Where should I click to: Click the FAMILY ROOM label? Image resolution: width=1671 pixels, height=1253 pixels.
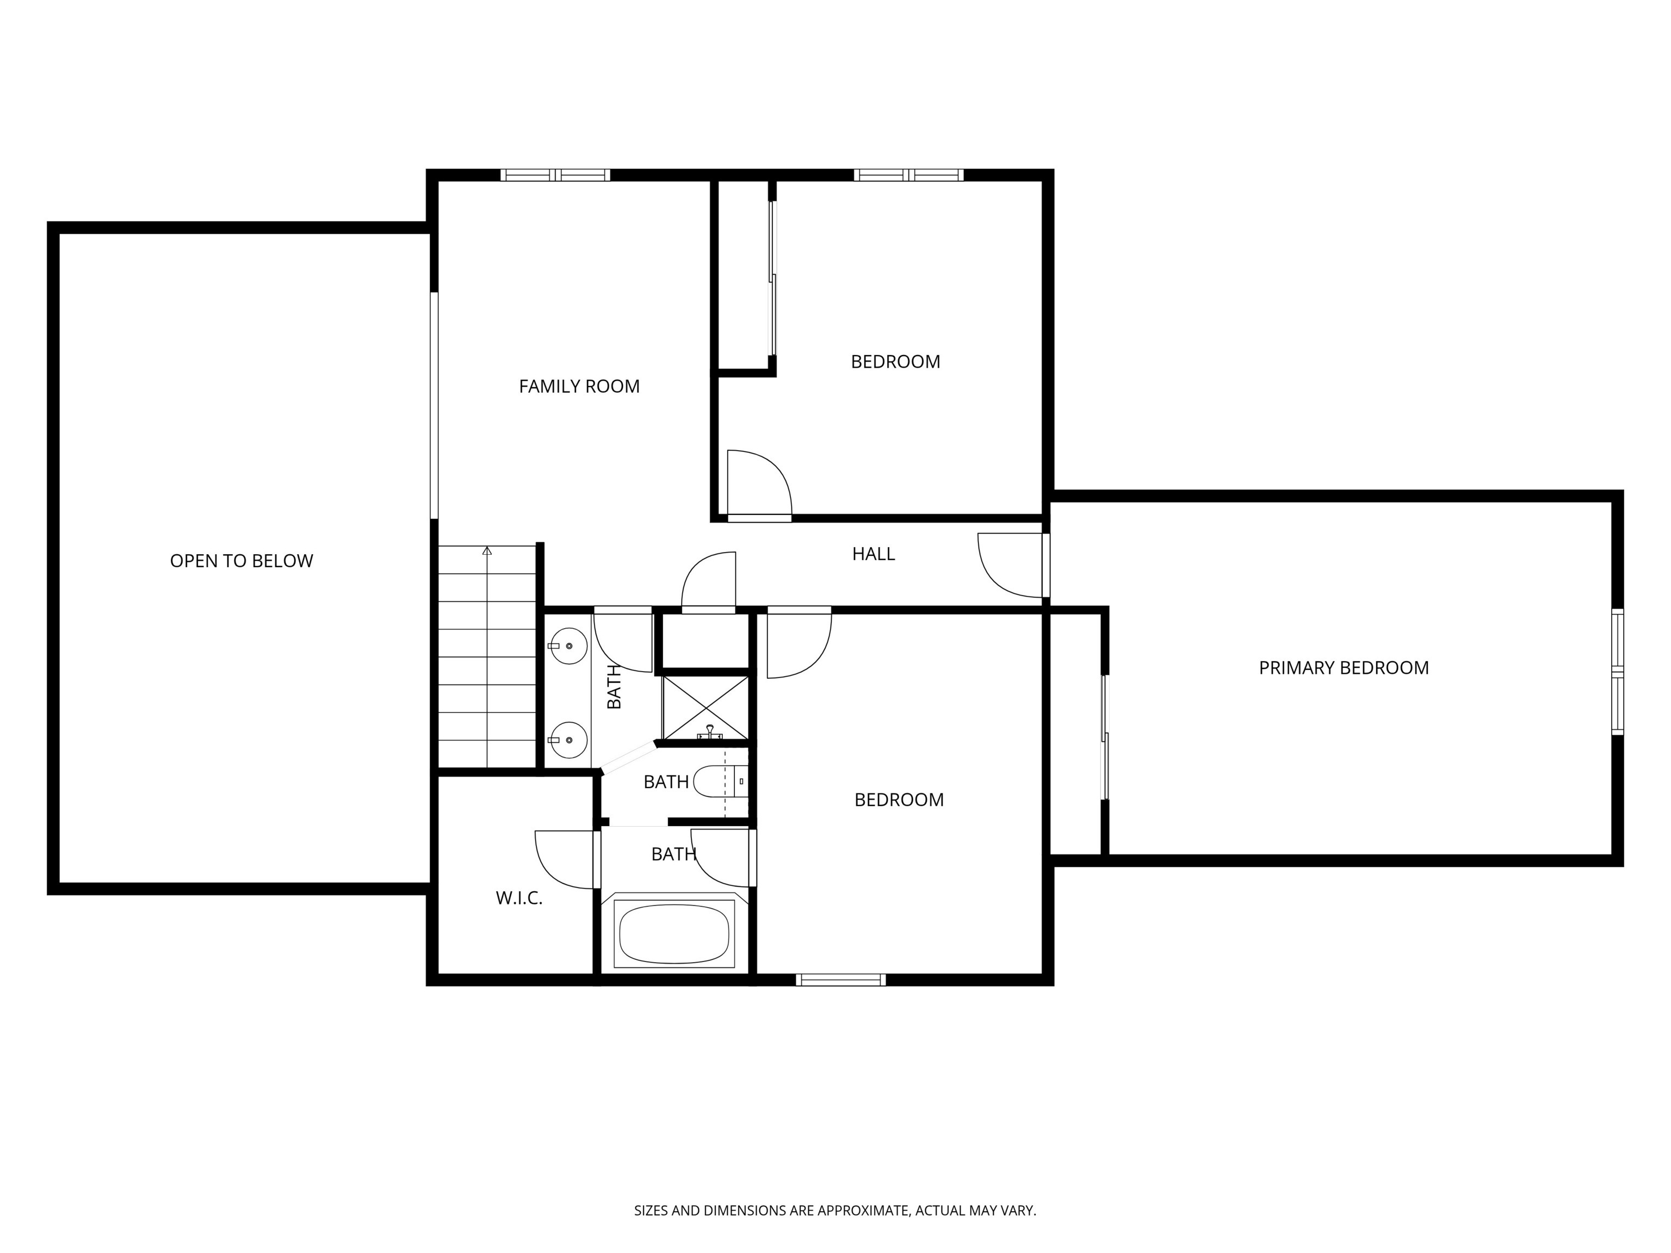coord(579,387)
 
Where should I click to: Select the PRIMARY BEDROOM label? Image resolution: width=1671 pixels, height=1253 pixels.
coord(1343,668)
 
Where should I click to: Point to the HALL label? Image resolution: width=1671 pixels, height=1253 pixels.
coord(873,554)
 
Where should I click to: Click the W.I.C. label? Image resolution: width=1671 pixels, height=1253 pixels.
coord(519,898)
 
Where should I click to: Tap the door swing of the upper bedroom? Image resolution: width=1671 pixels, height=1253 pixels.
coord(758,483)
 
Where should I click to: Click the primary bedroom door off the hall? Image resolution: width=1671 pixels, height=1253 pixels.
coord(1010,565)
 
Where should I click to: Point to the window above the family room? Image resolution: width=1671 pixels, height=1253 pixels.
coord(555,175)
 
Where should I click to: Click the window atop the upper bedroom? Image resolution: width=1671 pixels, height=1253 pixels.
coord(909,175)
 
